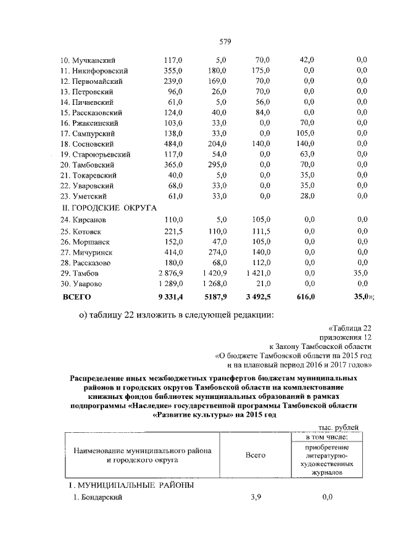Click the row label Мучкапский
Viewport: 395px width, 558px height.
point(96,60)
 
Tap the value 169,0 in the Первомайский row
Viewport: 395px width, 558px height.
point(217,81)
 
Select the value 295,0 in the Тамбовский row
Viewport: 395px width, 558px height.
point(217,165)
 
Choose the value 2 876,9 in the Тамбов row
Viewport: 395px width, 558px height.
point(170,273)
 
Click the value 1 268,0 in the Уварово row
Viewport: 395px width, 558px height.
point(214,283)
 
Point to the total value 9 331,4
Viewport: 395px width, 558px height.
point(170,297)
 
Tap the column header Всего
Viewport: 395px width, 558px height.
point(255,455)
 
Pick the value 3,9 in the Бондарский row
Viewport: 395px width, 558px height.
point(256,498)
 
